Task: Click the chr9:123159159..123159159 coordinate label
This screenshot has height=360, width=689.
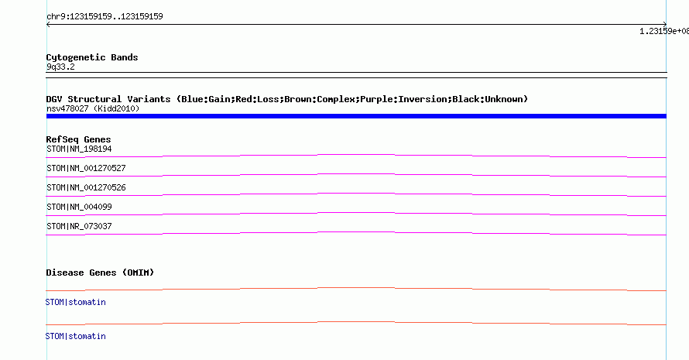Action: tap(105, 17)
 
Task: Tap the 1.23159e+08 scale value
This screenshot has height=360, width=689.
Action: tap(664, 31)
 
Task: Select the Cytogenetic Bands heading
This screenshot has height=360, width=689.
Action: tap(92, 57)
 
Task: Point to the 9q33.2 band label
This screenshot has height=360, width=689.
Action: tap(60, 67)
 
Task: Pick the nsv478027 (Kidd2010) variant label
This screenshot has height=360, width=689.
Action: tap(93, 108)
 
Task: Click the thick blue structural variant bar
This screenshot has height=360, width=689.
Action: tap(356, 116)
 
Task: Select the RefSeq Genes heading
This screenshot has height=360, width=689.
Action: tap(78, 139)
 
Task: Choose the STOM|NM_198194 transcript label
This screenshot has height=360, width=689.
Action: tap(79, 149)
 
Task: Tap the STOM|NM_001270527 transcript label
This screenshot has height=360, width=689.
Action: tap(86, 168)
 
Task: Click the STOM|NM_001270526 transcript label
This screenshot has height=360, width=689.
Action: tap(86, 187)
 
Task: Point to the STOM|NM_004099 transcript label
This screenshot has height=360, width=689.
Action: tap(79, 207)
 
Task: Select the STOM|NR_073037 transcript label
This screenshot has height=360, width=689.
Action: tap(79, 226)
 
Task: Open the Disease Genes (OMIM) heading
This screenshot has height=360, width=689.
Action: tap(100, 273)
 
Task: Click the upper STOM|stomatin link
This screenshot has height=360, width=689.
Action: tap(76, 303)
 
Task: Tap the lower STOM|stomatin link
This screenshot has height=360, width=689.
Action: tap(76, 336)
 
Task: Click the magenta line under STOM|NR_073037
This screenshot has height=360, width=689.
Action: tap(356, 232)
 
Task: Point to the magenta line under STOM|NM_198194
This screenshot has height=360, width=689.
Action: tap(356, 155)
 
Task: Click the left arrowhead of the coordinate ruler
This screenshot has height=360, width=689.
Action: tap(47, 25)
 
